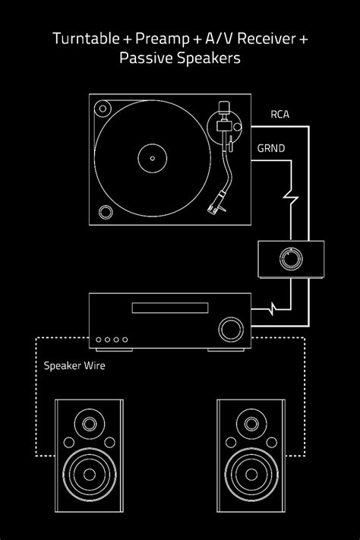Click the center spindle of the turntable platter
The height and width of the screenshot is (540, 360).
point(152,159)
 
